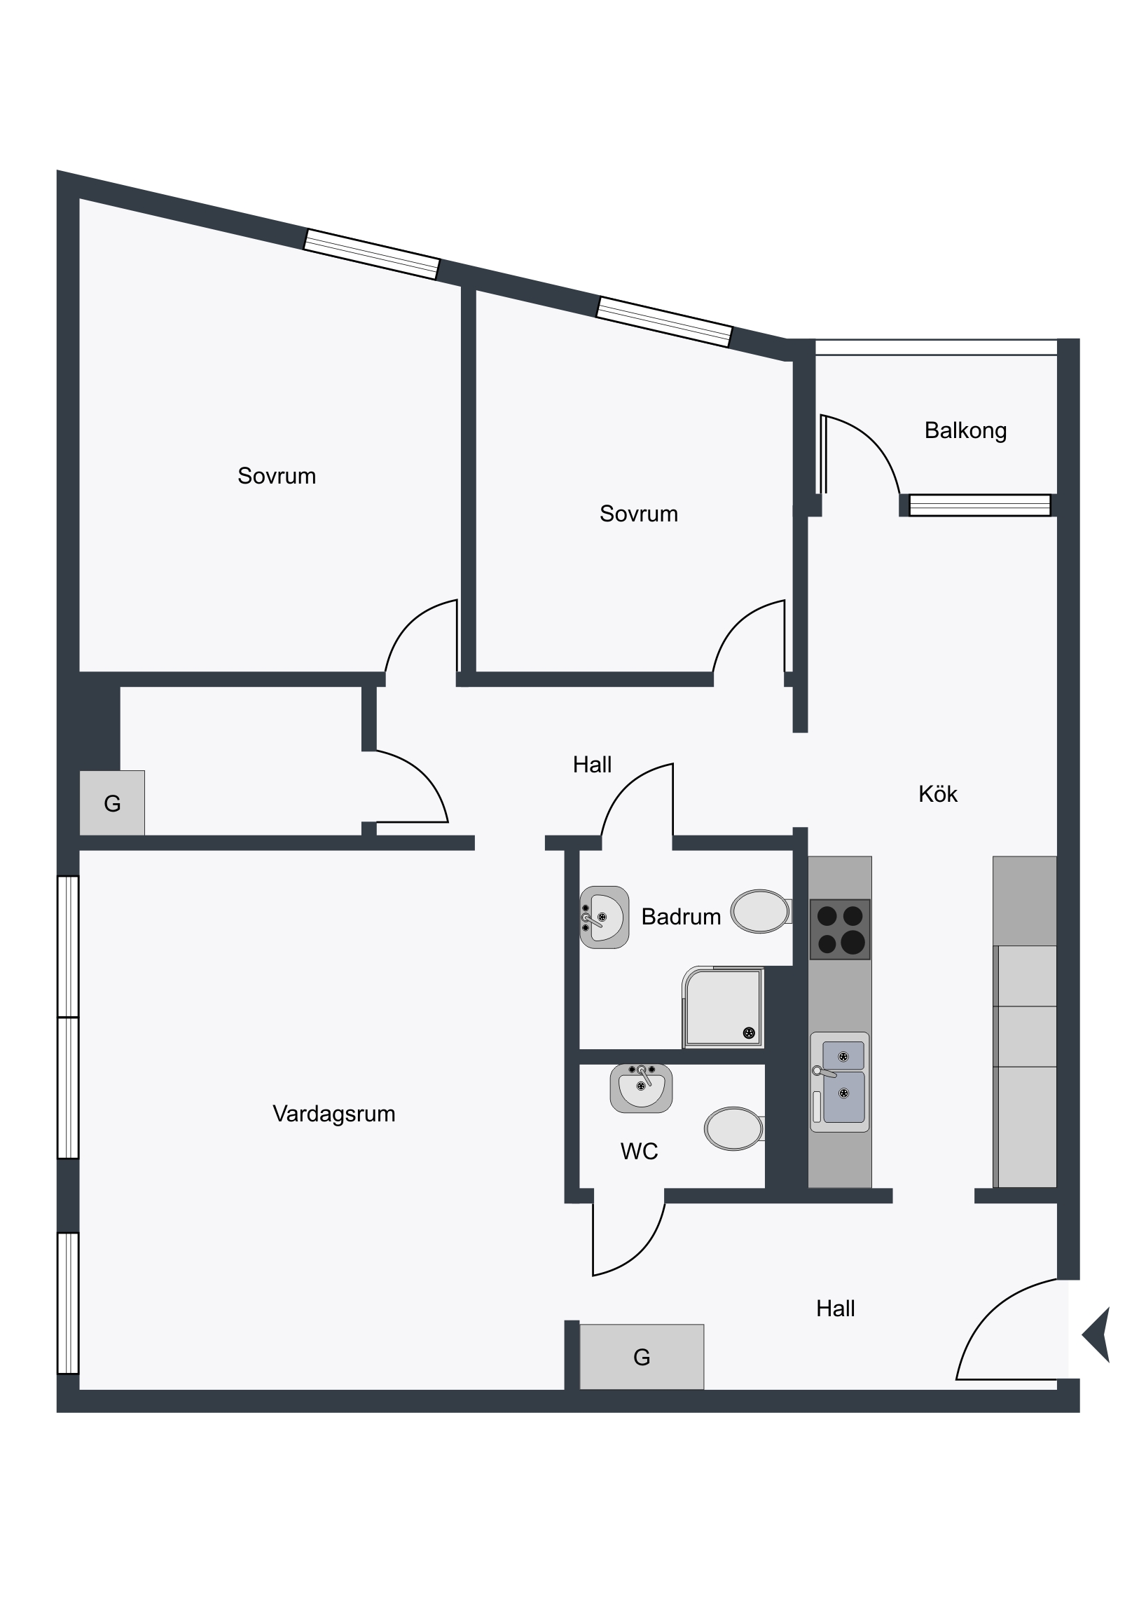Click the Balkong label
pos(965,430)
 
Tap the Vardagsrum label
pos(334,1114)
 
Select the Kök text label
pos(937,794)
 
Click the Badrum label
pos(681,917)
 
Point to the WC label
pos(640,1152)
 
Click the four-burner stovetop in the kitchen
pos(840,929)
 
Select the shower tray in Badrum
pos(723,1008)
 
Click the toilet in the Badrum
pos(761,911)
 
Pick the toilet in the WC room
pos(735,1129)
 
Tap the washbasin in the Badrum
pos(604,917)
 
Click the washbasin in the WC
pos(641,1088)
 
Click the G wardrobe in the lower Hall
pos(642,1356)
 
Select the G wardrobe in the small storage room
pos(112,803)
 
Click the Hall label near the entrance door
pos(835,1309)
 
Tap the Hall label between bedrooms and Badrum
pos(592,765)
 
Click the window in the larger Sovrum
pos(371,254)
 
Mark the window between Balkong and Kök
pos(980,505)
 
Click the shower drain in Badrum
pos(749,1033)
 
